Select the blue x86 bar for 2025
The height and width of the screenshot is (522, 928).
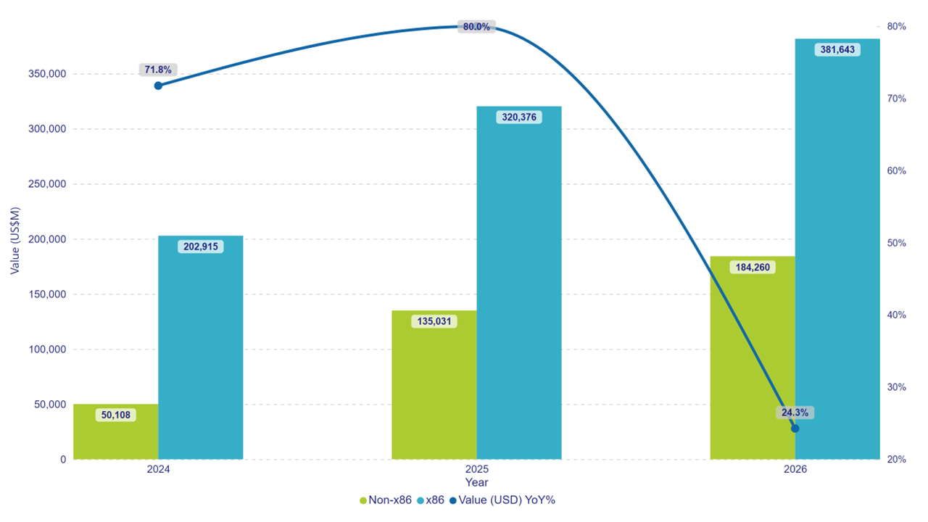[519, 290]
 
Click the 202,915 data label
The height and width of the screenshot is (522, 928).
[201, 246]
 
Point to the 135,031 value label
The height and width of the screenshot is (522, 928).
[434, 320]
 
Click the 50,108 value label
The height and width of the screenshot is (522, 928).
[116, 415]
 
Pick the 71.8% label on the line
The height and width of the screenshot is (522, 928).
[158, 70]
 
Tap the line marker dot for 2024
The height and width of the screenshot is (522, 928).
[158, 86]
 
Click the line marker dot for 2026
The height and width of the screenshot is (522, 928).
[795, 428]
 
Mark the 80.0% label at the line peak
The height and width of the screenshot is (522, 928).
[476, 27]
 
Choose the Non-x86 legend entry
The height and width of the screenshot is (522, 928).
[386, 500]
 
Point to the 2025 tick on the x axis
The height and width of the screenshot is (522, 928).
[476, 469]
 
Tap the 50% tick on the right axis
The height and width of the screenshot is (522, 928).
[895, 243]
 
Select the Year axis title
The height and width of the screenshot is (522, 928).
[476, 482]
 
